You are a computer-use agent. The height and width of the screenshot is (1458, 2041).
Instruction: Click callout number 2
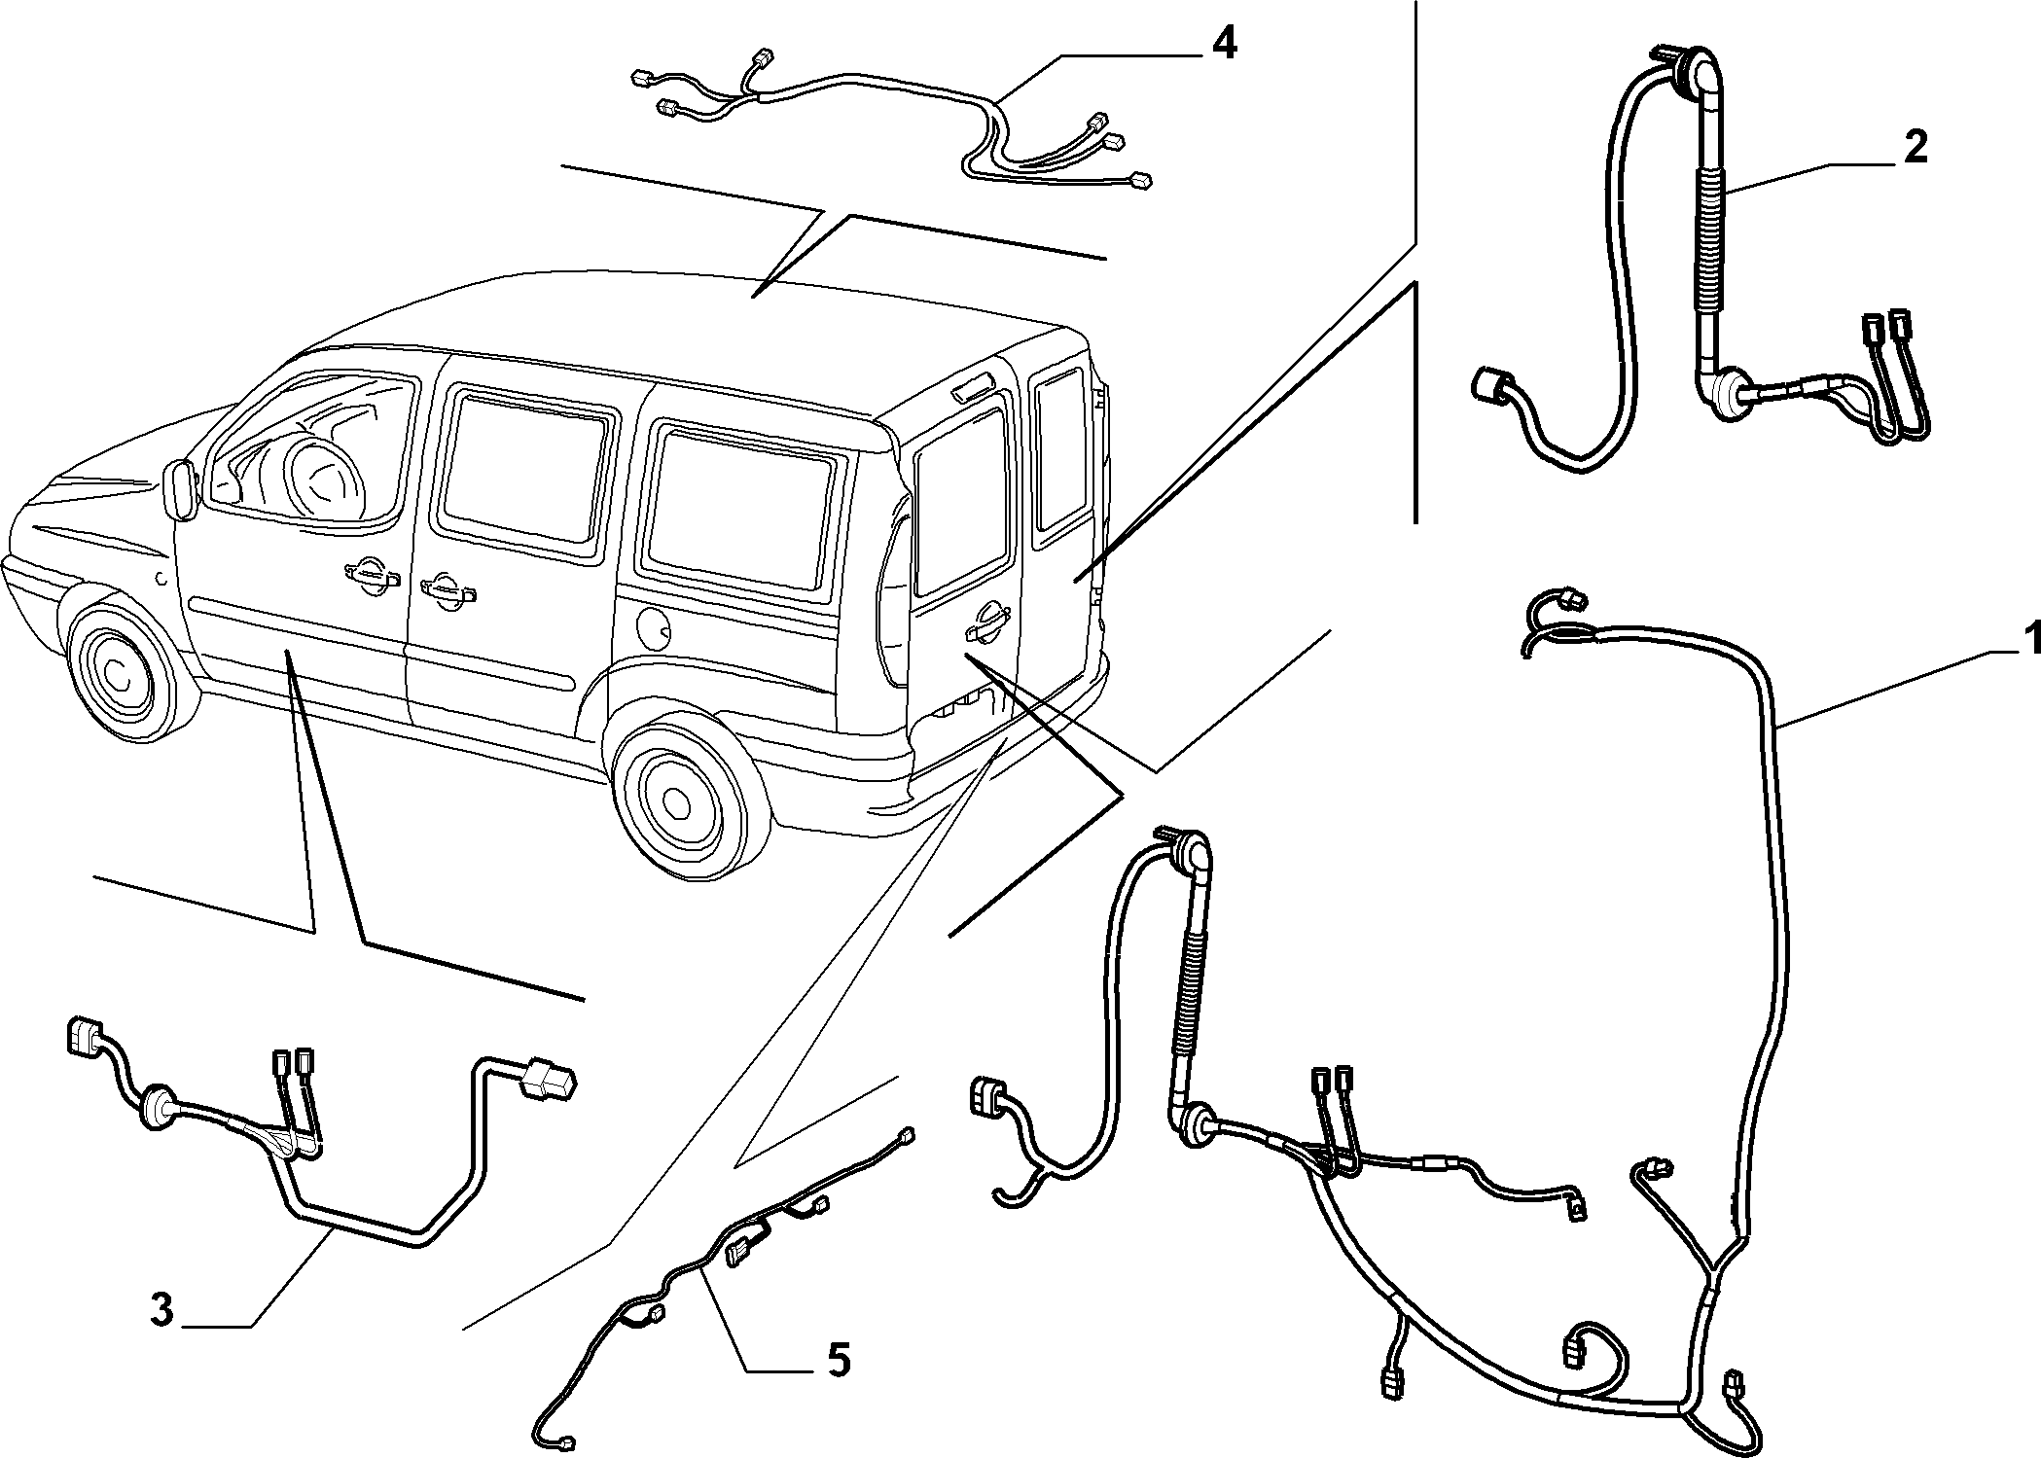coord(1916,148)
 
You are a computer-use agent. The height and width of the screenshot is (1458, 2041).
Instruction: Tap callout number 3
coord(162,1310)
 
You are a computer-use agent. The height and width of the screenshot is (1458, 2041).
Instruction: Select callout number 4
coord(1224,44)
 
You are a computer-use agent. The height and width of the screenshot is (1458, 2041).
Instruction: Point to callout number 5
coord(838,1359)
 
